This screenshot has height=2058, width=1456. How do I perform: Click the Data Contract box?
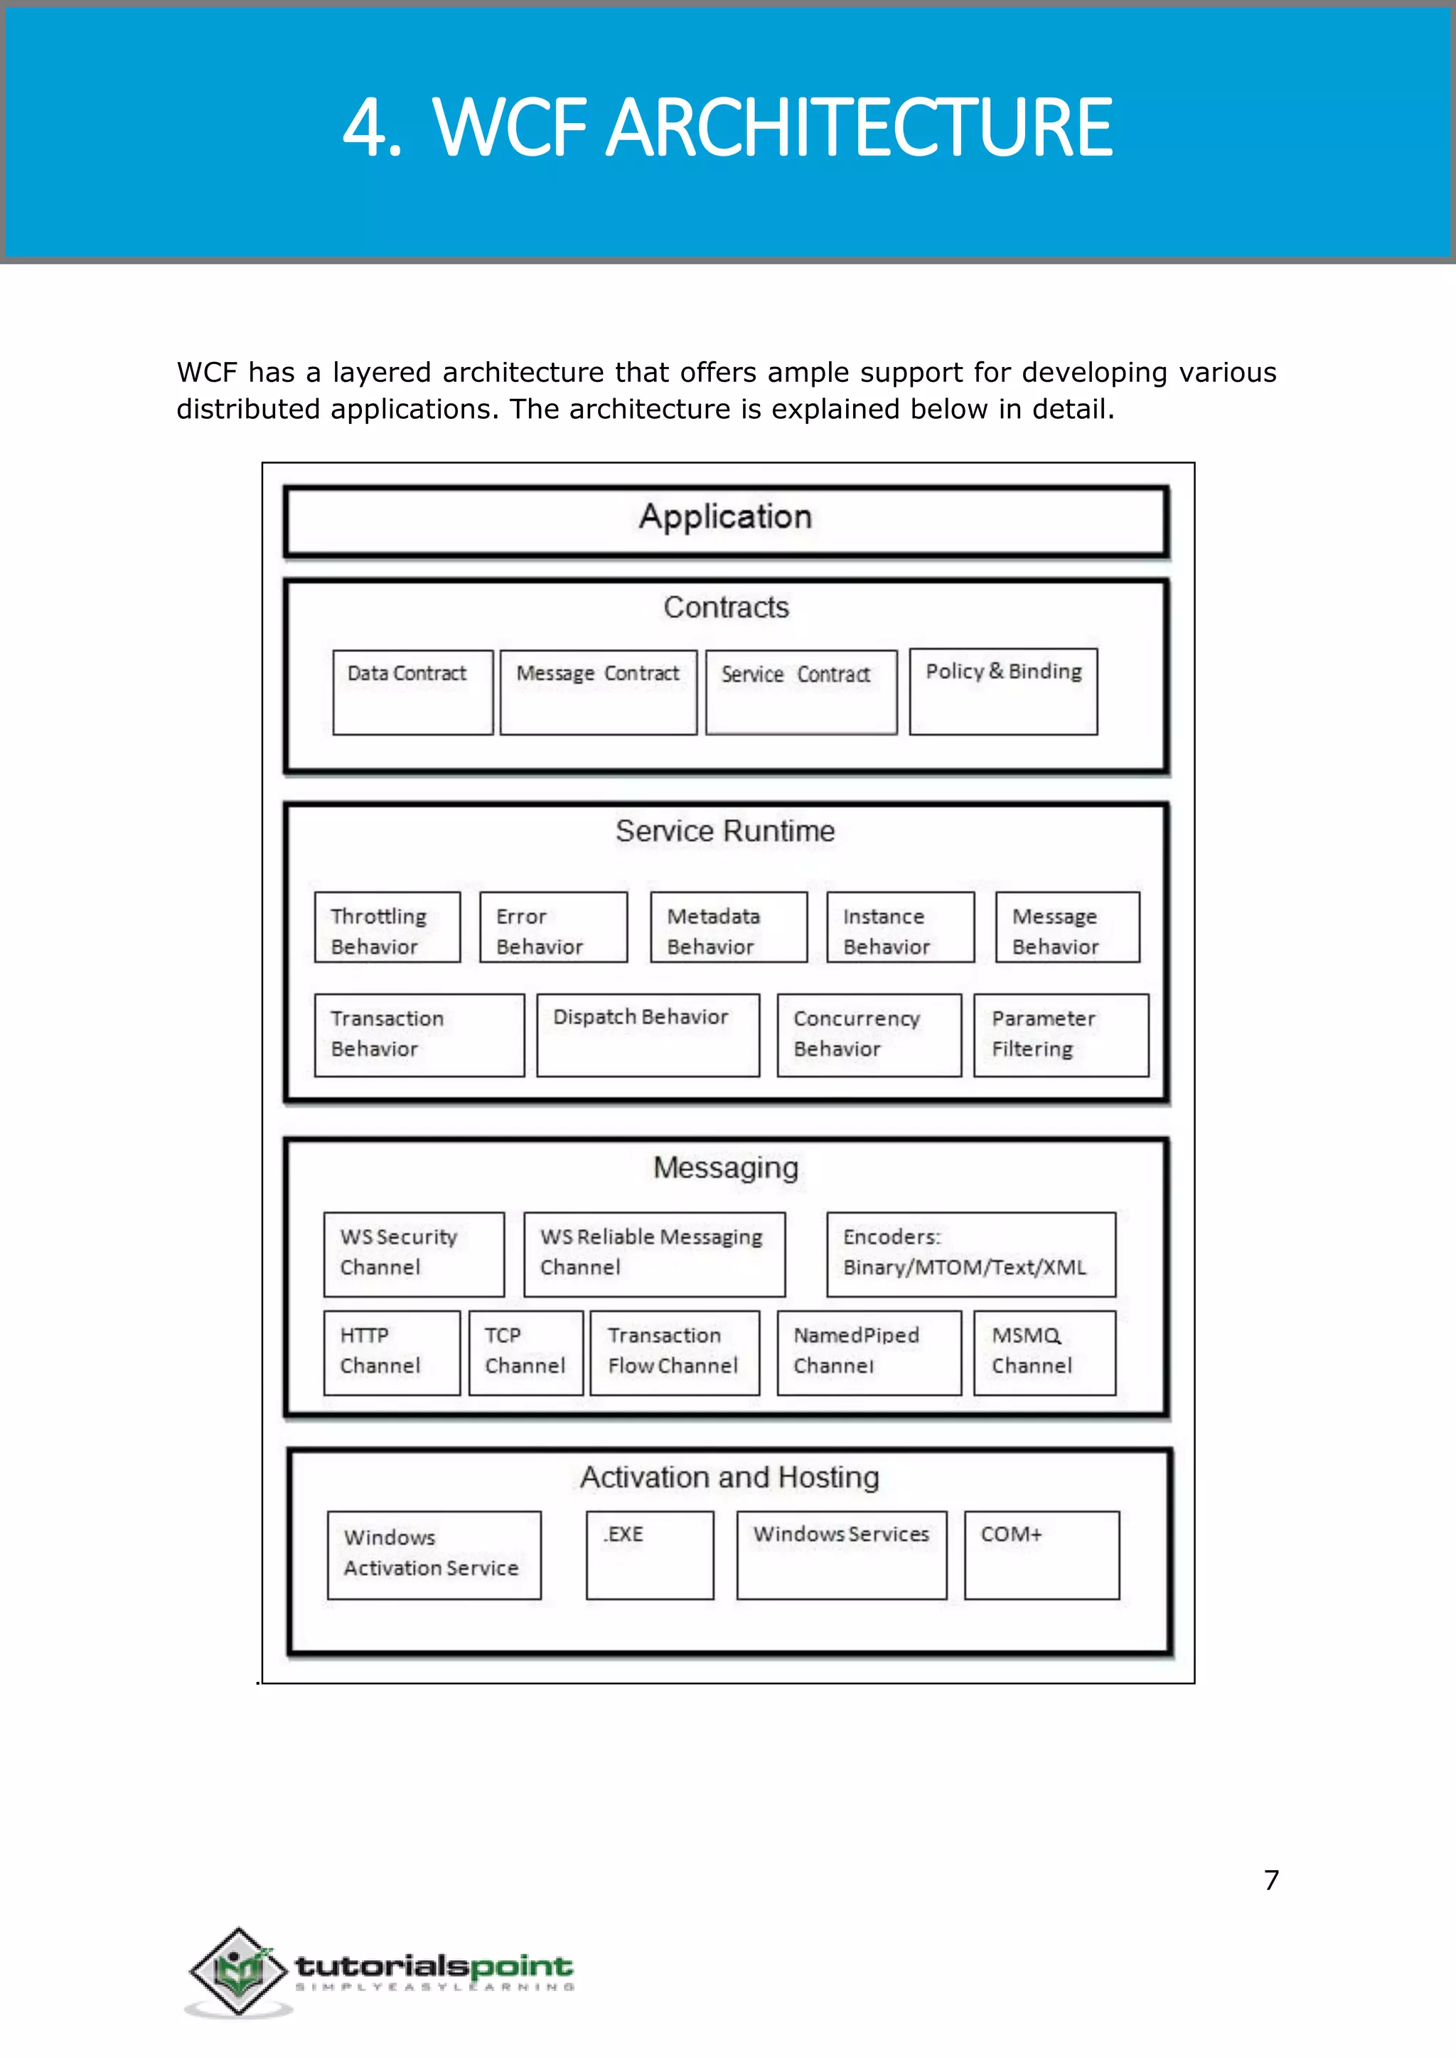412,692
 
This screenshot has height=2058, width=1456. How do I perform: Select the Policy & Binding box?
1002,691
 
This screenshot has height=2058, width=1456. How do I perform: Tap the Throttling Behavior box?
387,927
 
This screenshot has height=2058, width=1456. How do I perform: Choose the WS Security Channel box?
413,1254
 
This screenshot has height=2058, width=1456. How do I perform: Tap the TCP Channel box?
525,1353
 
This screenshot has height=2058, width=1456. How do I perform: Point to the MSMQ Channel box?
1044,1353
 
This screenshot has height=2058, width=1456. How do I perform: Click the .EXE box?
649,1555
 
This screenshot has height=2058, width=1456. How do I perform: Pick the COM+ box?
1041,1555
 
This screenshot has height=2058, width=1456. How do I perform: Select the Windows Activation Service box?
434,1555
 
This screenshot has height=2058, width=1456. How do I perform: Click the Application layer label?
725,518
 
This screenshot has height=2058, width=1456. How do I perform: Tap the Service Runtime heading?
724,831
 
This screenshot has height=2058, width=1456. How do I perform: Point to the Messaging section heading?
725,1168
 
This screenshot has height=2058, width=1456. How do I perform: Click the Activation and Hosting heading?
729,1477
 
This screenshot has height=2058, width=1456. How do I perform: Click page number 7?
1270,1880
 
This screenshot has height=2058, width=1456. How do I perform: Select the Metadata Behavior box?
728,927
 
